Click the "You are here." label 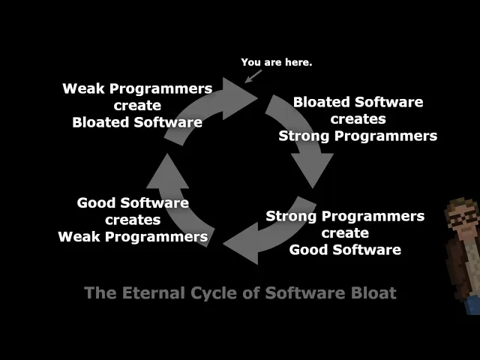click(277, 62)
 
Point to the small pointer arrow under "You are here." click(253, 76)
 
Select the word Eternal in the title click(154, 292)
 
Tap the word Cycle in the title click(214, 293)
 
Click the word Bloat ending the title click(373, 292)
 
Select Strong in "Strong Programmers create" click(291, 217)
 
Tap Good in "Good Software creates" click(96, 203)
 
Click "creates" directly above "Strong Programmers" click(358, 119)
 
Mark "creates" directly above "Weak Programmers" click(133, 220)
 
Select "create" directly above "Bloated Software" click(137, 106)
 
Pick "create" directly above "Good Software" click(345, 233)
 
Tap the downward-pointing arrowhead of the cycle click(312, 168)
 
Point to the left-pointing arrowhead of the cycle click(241, 243)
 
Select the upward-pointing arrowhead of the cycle click(167, 173)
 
